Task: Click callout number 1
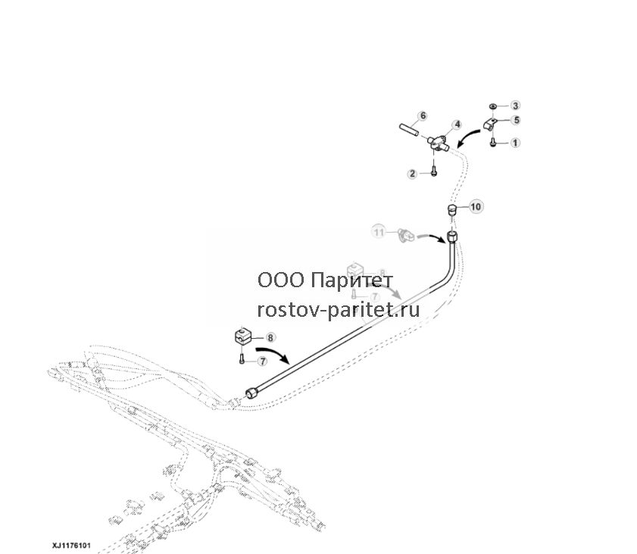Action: (x=515, y=142)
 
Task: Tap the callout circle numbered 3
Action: (x=515, y=105)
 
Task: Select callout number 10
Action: (x=476, y=206)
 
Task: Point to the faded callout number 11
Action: (x=379, y=233)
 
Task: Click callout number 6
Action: (x=423, y=116)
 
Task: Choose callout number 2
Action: (x=412, y=174)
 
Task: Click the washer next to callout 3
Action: (x=493, y=106)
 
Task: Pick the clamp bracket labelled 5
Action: (x=491, y=125)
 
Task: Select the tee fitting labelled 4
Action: (x=438, y=142)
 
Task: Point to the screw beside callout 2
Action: (x=434, y=172)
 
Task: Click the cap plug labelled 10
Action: (x=451, y=211)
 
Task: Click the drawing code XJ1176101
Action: (x=71, y=545)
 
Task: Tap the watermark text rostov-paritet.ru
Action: (x=339, y=310)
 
